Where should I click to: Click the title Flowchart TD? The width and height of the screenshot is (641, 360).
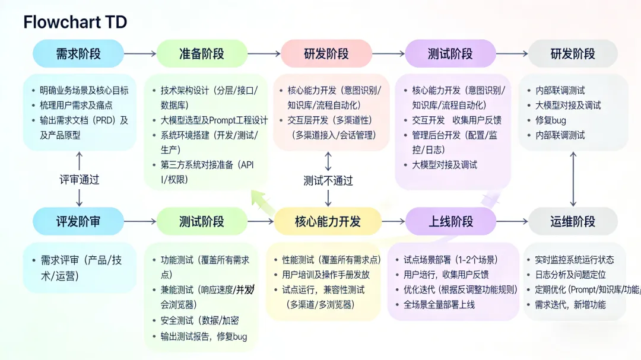(75, 23)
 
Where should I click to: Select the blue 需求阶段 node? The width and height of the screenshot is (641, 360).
(78, 54)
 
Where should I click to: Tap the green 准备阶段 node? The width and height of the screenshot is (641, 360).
(202, 54)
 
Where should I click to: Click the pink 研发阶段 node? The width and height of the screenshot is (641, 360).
(326, 54)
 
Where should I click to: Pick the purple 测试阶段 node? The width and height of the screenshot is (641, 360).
(450, 54)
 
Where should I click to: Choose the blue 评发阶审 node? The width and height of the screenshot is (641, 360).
(78, 222)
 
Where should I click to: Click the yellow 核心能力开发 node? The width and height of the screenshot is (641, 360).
(328, 222)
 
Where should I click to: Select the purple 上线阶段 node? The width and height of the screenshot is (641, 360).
(451, 222)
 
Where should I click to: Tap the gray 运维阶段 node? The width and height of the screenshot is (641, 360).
(573, 222)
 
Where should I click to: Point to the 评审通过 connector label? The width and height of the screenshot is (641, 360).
(80, 180)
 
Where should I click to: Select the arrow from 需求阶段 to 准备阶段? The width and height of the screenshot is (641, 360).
(140, 54)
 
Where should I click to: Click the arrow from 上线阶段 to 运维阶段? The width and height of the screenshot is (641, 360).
(512, 222)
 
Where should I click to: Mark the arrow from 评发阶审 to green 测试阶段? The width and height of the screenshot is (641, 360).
(140, 222)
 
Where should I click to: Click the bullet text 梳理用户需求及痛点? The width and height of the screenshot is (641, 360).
(77, 106)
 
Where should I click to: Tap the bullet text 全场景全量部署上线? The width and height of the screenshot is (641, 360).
(439, 305)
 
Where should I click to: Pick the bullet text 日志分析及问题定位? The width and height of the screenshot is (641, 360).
(570, 275)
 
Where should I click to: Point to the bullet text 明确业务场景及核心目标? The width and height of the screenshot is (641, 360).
(84, 91)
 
